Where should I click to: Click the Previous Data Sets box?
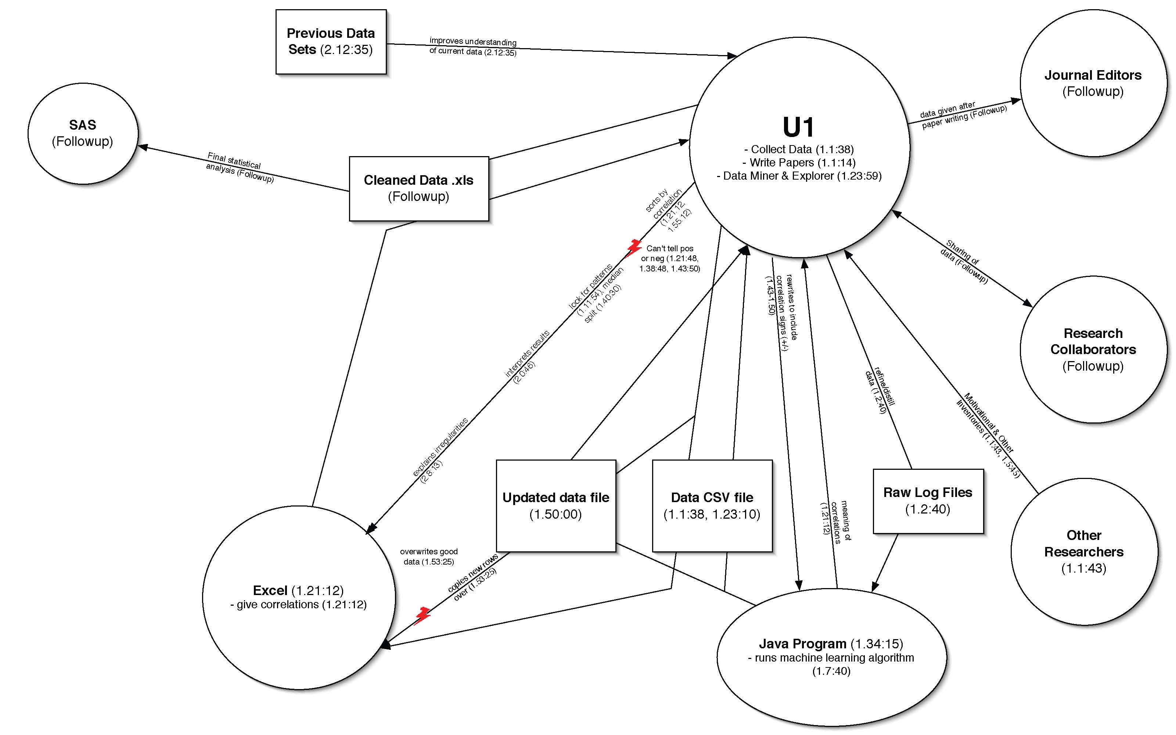pos(331,42)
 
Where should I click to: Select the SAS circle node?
pos(83,133)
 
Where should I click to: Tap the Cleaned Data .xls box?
pos(418,188)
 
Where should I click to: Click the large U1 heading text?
pos(798,127)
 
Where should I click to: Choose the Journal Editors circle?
pos(1093,83)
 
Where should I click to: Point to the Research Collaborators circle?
pos(1093,350)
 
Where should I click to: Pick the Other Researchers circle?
pos(1084,551)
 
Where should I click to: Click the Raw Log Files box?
pos(928,501)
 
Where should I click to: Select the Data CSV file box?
pos(712,505)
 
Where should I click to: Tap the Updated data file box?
pos(556,505)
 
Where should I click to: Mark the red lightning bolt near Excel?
pos(423,615)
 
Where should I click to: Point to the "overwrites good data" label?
pos(428,556)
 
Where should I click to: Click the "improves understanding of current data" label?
pos(472,47)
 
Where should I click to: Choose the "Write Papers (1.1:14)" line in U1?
pos(799,162)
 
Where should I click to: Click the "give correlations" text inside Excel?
pos(298,604)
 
